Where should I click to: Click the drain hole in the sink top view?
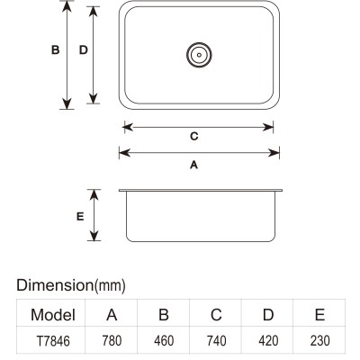click(x=199, y=55)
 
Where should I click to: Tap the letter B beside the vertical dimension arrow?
click(x=56, y=49)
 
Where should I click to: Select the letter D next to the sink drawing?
click(x=84, y=49)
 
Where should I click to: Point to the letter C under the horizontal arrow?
click(x=194, y=137)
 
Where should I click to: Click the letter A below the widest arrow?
click(x=194, y=165)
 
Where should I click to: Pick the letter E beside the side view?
click(x=80, y=216)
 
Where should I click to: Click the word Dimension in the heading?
click(x=55, y=285)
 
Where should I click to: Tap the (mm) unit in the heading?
click(x=110, y=286)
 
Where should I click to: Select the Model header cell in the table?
click(x=53, y=315)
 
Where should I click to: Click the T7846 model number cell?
click(x=53, y=341)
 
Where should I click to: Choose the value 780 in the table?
click(x=112, y=341)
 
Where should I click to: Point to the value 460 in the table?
click(x=164, y=341)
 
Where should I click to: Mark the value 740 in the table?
click(x=216, y=341)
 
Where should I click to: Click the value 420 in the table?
click(x=268, y=341)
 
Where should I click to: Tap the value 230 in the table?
click(x=320, y=341)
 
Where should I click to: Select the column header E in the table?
click(x=320, y=315)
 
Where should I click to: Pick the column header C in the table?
click(x=216, y=315)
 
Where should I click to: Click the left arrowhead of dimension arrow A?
click(x=124, y=153)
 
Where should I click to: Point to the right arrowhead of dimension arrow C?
click(x=268, y=127)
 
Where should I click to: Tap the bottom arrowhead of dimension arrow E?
click(x=94, y=236)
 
